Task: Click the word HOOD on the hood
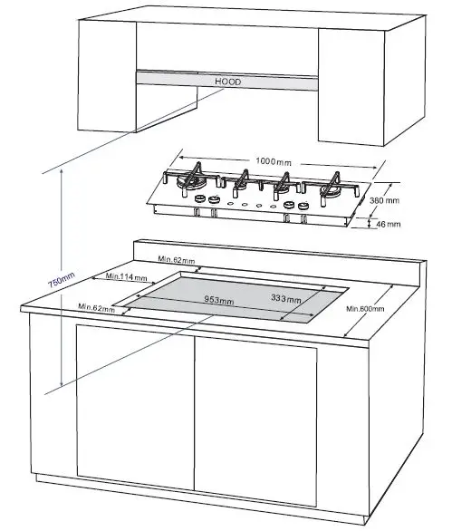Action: coord(228,81)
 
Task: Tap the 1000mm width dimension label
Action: coord(272,160)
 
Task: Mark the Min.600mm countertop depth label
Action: coord(366,309)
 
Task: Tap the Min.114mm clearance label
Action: coord(127,275)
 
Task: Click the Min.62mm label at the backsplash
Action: coord(178,260)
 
